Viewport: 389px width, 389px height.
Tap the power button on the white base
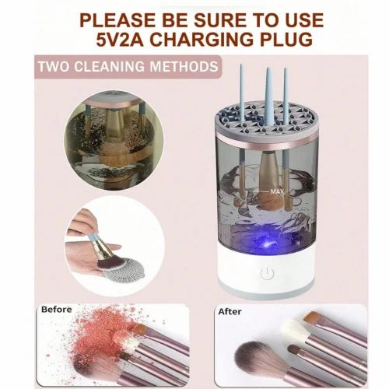268,273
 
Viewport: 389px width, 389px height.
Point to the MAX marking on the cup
277,189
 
